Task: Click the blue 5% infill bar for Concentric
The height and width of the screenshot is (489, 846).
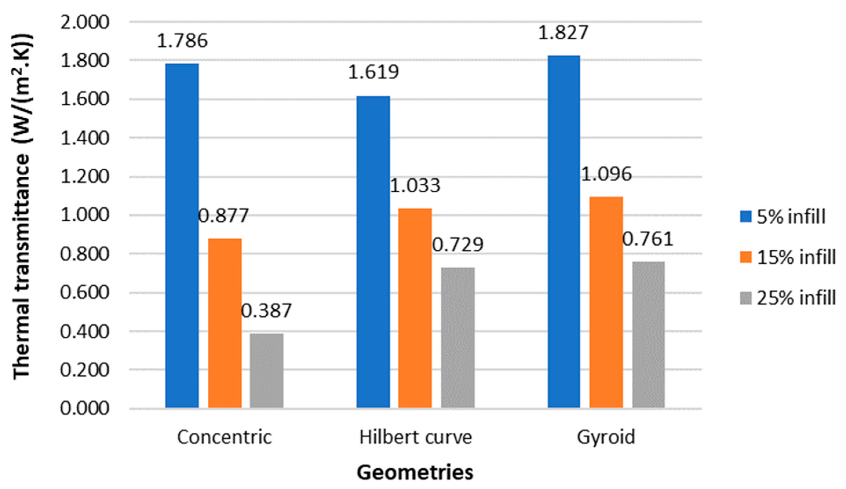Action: click(x=182, y=235)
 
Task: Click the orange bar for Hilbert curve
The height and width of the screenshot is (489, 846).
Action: click(x=415, y=308)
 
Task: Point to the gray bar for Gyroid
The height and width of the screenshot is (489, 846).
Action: click(x=648, y=335)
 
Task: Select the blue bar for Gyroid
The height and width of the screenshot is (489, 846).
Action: click(x=564, y=231)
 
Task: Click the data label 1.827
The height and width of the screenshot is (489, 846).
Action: click(x=564, y=32)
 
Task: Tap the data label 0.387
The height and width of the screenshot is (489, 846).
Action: click(x=266, y=311)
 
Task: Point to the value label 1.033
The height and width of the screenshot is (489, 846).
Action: click(x=415, y=185)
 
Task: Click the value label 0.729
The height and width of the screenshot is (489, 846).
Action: click(x=458, y=244)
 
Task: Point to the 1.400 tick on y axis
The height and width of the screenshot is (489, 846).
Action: click(x=85, y=138)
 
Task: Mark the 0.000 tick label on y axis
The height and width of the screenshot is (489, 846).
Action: click(x=85, y=409)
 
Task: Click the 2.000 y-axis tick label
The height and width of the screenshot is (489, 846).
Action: click(x=85, y=23)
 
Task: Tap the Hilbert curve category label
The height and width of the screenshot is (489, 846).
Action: click(x=416, y=437)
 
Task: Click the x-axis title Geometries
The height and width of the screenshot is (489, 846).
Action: click(x=415, y=472)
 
